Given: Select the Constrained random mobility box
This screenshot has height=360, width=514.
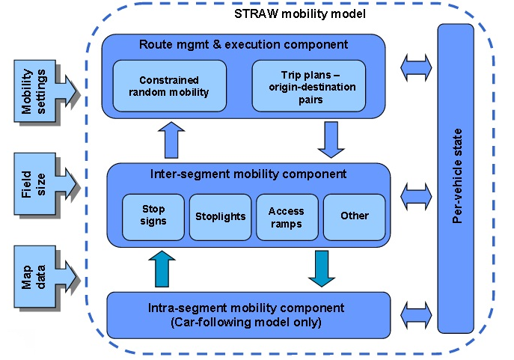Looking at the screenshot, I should pos(169,86).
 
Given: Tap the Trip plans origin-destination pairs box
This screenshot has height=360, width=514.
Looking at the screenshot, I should pos(309,86).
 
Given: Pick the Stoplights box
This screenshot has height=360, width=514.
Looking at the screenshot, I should pos(220,216).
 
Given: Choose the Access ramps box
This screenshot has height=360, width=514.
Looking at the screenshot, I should pos(287,216).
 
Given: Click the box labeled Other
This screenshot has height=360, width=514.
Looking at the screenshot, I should pos(354,216).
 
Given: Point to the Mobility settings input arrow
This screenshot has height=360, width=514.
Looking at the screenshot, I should pos(45,91).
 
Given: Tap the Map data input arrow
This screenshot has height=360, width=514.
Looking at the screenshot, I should pos(45,275).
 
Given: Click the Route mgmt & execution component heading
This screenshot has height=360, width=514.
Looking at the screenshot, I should pos(243,45).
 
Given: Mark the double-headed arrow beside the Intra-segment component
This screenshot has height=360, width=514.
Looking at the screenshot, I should pos(415,314).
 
